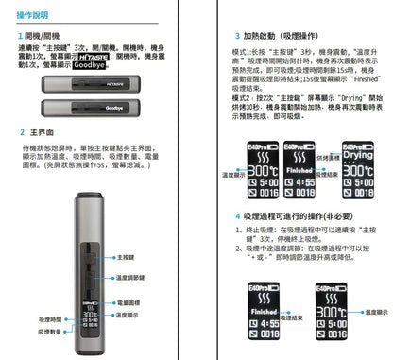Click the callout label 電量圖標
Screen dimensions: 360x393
click(x=128, y=302)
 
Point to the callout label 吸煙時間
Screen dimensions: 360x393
click(x=50, y=319)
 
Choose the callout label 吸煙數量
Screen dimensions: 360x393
click(x=50, y=332)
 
